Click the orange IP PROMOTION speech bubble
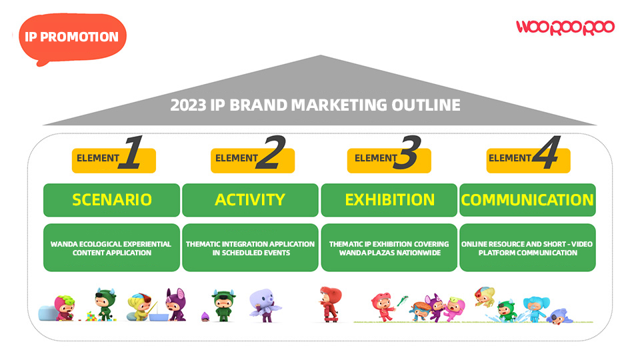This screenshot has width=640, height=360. pyautogui.click(x=72, y=37)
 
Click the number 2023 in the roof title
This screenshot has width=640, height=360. pyautogui.click(x=188, y=105)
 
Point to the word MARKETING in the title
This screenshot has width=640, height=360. pyautogui.click(x=339, y=105)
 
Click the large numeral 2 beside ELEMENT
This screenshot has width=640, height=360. pyautogui.click(x=270, y=152)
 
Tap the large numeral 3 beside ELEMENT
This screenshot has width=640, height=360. pyautogui.click(x=407, y=152)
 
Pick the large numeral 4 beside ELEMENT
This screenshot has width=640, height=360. pyautogui.click(x=546, y=152)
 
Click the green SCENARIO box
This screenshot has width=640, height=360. pyautogui.click(x=111, y=200)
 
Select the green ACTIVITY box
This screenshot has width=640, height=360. pyautogui.click(x=250, y=200)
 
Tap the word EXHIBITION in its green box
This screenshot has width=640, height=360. pyautogui.click(x=389, y=200)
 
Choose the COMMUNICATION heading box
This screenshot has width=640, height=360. pyautogui.click(x=527, y=200)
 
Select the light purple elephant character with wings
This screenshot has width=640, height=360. pyautogui.click(x=265, y=305)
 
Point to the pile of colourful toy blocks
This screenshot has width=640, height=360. pyautogui.click(x=92, y=316)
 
